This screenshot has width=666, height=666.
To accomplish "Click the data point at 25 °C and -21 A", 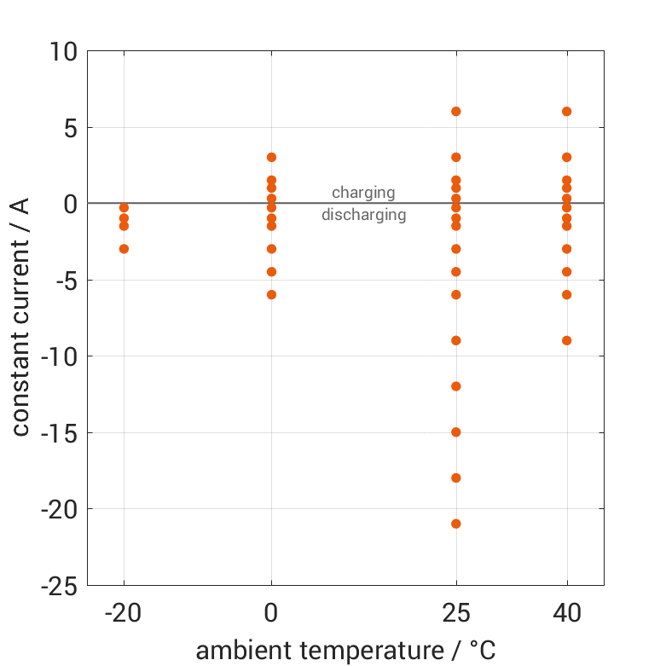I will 456,524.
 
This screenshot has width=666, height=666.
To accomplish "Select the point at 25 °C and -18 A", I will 456,478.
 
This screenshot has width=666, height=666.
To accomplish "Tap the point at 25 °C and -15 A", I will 456,432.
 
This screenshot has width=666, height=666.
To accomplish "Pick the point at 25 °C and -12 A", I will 456,386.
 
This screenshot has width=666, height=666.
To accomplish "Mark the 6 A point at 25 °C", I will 456,112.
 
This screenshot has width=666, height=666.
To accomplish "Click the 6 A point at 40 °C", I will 567,112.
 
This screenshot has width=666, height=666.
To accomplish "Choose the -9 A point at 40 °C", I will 567,340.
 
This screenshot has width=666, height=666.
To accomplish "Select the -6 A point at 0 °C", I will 271,295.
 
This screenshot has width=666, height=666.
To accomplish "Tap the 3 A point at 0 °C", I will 271,158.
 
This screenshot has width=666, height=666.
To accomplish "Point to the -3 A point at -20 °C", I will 124,249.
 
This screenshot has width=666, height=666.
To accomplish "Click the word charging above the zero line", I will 363,193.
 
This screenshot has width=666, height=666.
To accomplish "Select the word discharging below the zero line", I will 363,215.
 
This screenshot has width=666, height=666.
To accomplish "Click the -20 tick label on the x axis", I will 124,613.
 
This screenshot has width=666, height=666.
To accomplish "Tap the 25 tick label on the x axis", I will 456,613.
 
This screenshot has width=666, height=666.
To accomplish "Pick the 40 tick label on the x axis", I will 567,613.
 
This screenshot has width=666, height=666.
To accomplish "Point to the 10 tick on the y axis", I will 62,53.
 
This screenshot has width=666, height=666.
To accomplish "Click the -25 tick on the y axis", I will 58,586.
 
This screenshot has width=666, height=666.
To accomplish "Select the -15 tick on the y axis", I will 58,433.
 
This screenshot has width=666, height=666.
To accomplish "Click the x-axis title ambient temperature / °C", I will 345,651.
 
